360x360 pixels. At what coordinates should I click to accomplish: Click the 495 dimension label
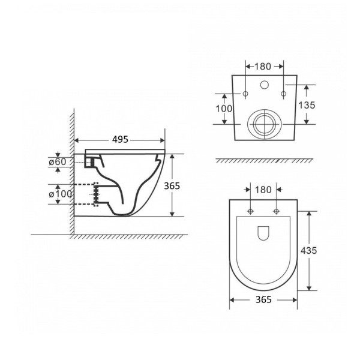click(x=120, y=139)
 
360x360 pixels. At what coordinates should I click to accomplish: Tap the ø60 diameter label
click(x=58, y=162)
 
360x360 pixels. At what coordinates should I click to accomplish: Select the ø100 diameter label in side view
click(x=60, y=194)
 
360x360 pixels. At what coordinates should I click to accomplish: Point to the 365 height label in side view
click(x=172, y=186)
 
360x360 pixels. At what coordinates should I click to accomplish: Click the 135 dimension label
click(x=307, y=105)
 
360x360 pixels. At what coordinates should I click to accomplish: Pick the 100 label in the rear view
click(x=224, y=109)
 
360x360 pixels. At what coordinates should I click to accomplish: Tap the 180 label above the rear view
click(x=263, y=67)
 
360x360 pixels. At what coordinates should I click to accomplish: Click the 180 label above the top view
click(x=263, y=190)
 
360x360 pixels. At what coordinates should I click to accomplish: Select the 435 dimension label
click(x=309, y=250)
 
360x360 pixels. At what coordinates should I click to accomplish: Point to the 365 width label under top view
click(x=263, y=299)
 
